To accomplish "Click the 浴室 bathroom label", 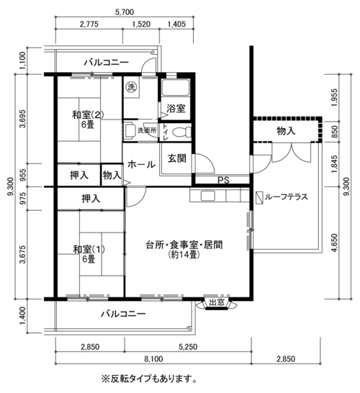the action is pyautogui.click(x=176, y=109).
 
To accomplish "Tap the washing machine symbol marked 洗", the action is pyautogui.click(x=130, y=87).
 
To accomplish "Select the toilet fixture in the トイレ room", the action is pyautogui.click(x=182, y=132).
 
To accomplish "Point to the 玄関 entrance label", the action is pyautogui.click(x=177, y=158).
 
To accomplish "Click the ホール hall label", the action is pyautogui.click(x=142, y=165).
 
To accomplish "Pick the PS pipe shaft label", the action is pyautogui.click(x=223, y=180).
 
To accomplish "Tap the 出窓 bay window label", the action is pyautogui.click(x=217, y=302).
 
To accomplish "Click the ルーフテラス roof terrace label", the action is pyautogui.click(x=287, y=197).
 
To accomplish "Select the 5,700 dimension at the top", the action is pyautogui.click(x=125, y=12).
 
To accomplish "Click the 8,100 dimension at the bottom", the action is pyautogui.click(x=153, y=359).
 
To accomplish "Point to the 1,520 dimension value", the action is pyautogui.click(x=141, y=24).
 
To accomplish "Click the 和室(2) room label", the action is pyautogui.click(x=88, y=115).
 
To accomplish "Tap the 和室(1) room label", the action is pyautogui.click(x=89, y=249).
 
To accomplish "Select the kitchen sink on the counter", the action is pyautogui.click(x=208, y=196).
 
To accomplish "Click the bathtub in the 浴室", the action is pyautogui.click(x=175, y=88).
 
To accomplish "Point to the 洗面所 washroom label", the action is pyautogui.click(x=147, y=130).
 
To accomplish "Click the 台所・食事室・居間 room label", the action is pyautogui.click(x=184, y=245).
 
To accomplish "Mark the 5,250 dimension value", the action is pyautogui.click(x=188, y=347).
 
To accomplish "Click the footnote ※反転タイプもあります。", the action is pyautogui.click(x=149, y=379).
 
